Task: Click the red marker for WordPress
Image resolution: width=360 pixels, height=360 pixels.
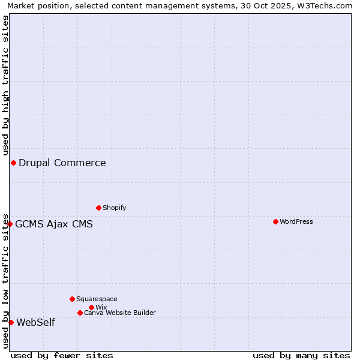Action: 275,221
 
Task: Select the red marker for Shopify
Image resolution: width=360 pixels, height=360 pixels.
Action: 98,208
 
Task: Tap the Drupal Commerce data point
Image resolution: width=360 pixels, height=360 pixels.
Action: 13,163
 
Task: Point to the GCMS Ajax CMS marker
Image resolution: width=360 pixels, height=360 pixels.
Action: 10,224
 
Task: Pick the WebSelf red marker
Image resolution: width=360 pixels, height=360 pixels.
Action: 11,322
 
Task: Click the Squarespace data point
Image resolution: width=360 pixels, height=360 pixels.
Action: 72,299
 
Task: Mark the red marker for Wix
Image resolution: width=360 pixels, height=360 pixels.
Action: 91,307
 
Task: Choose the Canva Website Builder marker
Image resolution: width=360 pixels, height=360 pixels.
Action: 80,313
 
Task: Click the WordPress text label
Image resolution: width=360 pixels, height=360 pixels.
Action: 296,221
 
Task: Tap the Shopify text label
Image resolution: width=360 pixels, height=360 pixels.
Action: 114,208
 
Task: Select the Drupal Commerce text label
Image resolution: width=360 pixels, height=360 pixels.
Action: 62,163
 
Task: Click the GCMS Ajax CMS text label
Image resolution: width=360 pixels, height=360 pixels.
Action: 54,224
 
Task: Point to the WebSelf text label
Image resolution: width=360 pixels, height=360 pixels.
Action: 35,322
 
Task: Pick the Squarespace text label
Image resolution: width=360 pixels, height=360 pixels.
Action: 97,299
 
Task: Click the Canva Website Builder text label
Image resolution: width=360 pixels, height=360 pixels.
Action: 120,313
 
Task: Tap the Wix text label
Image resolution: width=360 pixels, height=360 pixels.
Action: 101,307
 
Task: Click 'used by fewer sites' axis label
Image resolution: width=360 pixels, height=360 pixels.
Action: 62,355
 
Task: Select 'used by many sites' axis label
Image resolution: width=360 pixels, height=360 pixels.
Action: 301,355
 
